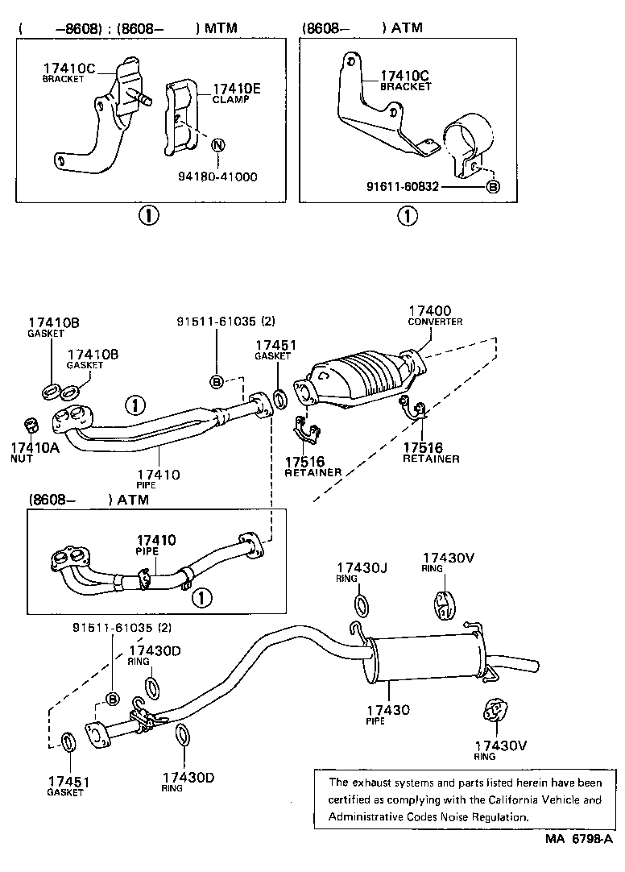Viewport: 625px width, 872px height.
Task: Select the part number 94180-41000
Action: point(217,176)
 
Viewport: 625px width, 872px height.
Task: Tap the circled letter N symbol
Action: point(217,145)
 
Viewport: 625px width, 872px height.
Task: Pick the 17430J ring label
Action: point(362,567)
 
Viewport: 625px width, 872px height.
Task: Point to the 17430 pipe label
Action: point(387,709)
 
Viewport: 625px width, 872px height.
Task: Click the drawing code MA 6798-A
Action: point(577,862)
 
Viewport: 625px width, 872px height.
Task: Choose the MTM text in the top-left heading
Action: point(221,28)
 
